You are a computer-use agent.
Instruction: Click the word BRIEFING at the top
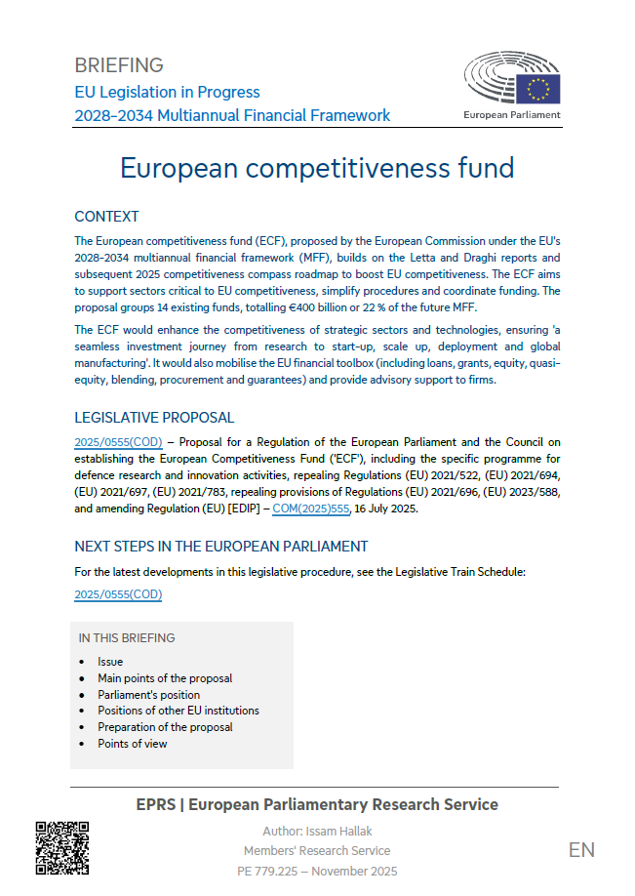tap(119, 65)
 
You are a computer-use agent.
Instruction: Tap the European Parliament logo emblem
tap(512, 80)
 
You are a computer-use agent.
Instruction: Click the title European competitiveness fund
tap(317, 168)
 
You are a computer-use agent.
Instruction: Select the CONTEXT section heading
tap(106, 217)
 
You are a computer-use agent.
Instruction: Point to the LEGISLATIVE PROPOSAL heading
tap(154, 418)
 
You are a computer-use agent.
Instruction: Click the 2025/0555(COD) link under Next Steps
tap(118, 594)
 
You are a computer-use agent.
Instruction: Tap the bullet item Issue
tap(110, 662)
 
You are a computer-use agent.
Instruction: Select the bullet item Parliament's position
tap(148, 695)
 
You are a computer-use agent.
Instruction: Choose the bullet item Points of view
tap(132, 744)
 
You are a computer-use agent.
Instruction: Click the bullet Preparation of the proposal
tap(165, 727)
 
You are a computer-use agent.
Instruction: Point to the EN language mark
tap(581, 850)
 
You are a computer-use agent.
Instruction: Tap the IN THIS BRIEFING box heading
tap(127, 638)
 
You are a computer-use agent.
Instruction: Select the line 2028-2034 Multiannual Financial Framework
tap(232, 115)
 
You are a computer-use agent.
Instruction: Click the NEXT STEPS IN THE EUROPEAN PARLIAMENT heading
tap(221, 547)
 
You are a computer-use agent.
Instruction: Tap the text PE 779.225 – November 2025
tap(317, 871)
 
